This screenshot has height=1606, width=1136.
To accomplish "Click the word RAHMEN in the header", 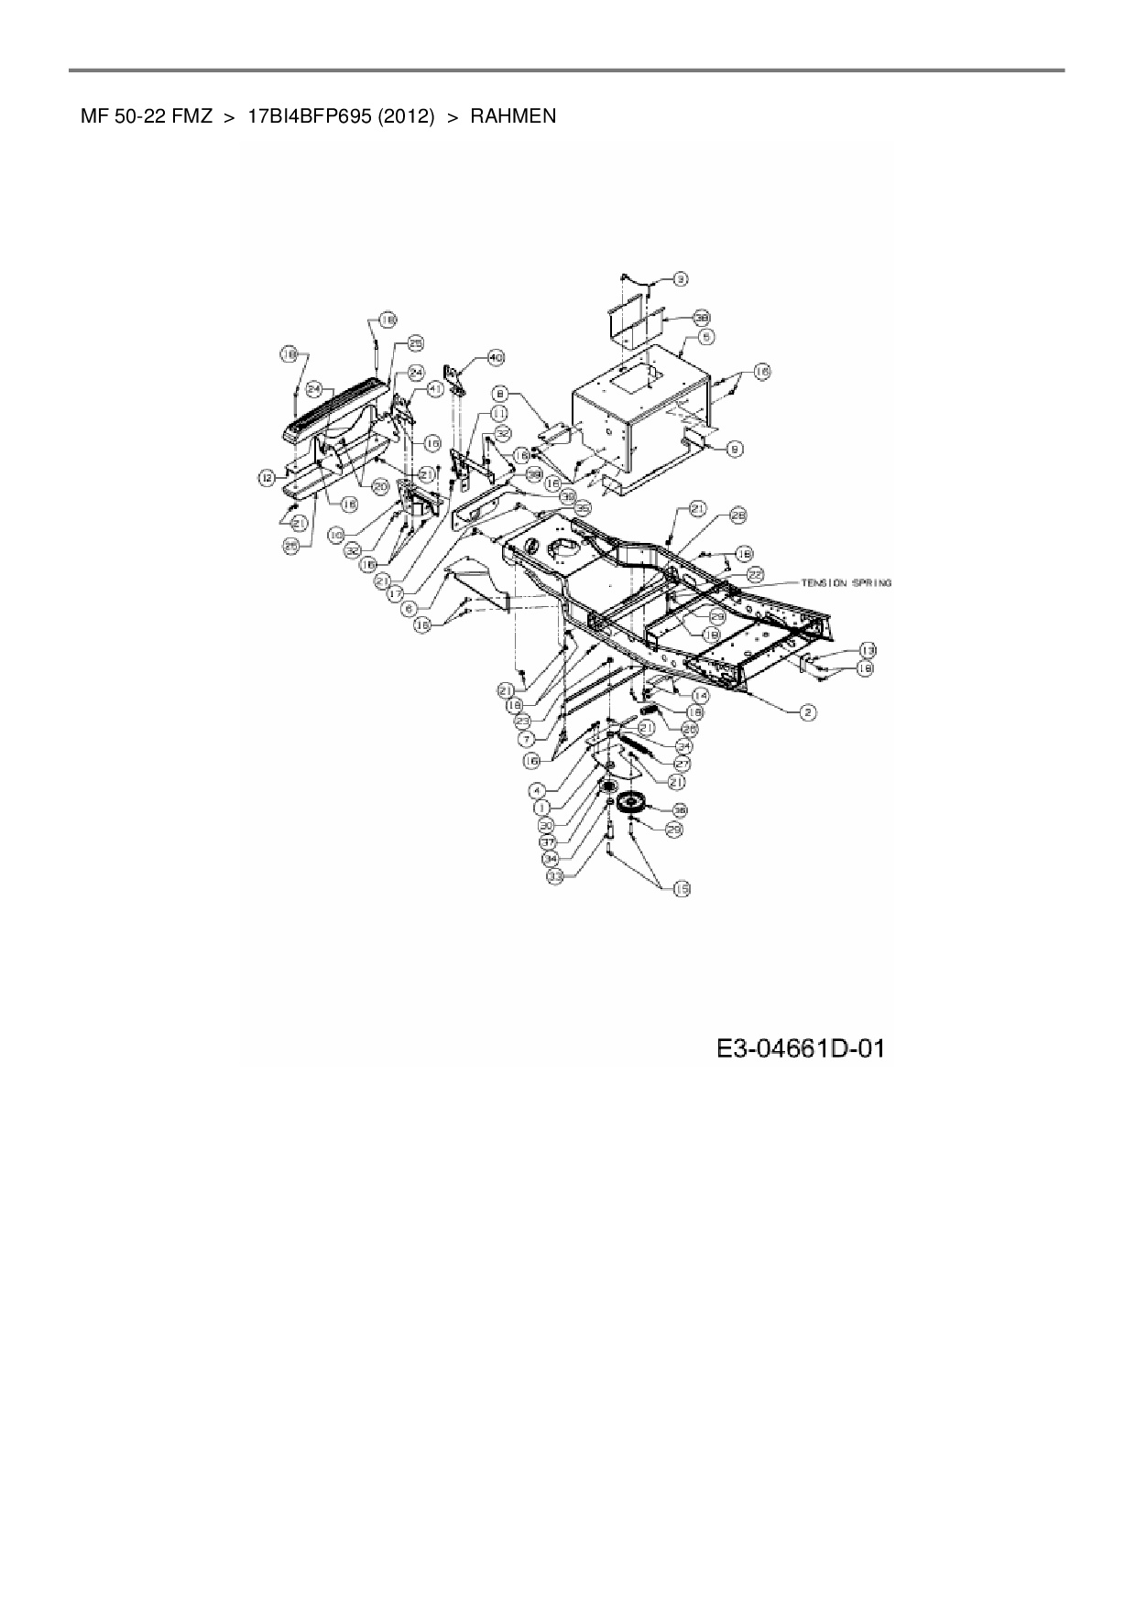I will click(x=513, y=117).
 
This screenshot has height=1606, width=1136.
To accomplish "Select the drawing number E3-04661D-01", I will click(x=801, y=1049).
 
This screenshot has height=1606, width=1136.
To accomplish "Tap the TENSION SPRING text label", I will click(x=846, y=582).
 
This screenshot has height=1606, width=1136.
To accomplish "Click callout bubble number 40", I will click(x=496, y=356).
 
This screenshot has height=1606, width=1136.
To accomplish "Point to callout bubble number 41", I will click(x=435, y=389).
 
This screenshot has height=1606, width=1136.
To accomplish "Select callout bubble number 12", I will click(x=266, y=477).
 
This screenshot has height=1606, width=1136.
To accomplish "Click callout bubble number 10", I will click(x=336, y=533).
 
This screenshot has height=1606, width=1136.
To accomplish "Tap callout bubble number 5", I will click(x=706, y=337).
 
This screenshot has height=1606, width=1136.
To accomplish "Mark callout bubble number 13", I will click(x=867, y=650).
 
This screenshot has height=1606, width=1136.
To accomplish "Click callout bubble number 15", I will click(x=682, y=888).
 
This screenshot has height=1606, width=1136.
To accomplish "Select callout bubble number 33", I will click(x=553, y=876).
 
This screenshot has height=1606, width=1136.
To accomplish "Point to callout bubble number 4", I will click(x=537, y=789).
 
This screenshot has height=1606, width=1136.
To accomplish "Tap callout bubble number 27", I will click(x=682, y=763).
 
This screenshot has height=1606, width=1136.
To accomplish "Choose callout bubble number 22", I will click(x=755, y=573).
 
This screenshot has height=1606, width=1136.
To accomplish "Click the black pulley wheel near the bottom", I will click(x=631, y=806).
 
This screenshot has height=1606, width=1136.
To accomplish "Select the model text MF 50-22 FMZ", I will click(x=147, y=117).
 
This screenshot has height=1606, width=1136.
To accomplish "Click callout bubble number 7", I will click(x=526, y=738).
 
